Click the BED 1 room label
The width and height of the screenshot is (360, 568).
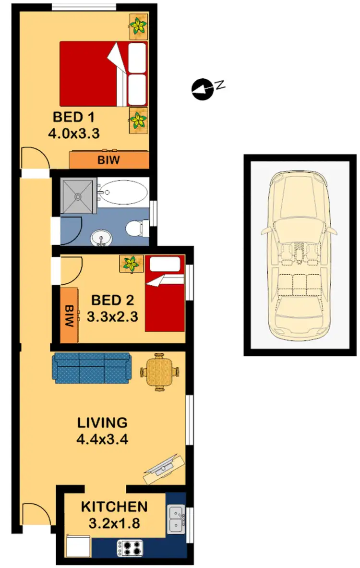(x=74, y=117)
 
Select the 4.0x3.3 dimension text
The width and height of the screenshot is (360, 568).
(x=74, y=133)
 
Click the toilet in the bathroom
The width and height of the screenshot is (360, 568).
(x=136, y=226)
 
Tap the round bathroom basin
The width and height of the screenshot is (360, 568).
(x=100, y=237)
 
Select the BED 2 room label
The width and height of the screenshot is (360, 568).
(x=112, y=301)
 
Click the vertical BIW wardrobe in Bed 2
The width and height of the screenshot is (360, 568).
(x=70, y=315)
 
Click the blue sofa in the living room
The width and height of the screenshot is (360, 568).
(x=91, y=368)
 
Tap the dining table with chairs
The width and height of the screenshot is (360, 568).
(x=160, y=372)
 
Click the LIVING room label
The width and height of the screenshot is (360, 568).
(x=102, y=423)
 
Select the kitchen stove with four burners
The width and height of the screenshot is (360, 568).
(x=130, y=547)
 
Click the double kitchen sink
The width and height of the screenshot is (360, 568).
(x=176, y=520)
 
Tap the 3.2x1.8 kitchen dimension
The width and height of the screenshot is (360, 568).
(x=114, y=522)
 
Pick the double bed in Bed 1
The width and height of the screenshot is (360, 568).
(x=103, y=74)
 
